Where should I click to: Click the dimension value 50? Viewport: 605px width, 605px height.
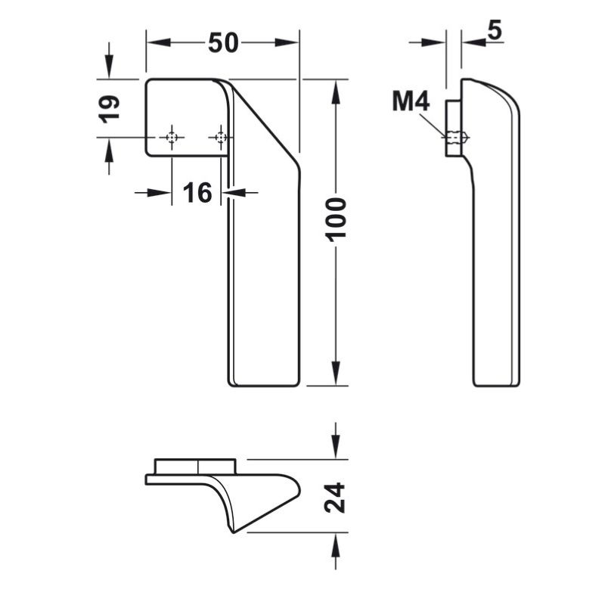223,42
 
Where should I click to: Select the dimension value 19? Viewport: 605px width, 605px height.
109,108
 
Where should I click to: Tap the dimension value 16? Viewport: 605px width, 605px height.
197,192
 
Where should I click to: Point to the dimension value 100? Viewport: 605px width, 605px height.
335,219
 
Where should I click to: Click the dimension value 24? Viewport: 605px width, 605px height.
334,498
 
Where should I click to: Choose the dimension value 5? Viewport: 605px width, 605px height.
495,30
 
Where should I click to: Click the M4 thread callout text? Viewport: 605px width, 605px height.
411,101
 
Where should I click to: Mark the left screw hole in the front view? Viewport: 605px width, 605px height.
172,137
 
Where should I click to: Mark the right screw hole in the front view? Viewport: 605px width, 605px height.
220,137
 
